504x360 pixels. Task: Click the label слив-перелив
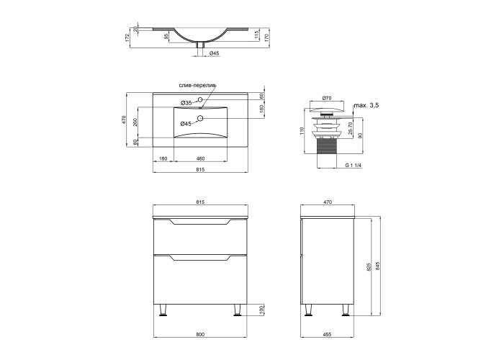[197, 86]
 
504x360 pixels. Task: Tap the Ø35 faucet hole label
[186, 103]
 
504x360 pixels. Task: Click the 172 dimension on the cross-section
[127, 37]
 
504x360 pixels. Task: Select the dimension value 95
[166, 36]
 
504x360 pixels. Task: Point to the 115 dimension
[256, 34]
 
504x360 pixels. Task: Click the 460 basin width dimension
[200, 158]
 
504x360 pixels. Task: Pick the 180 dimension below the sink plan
[163, 158]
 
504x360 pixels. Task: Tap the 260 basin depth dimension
[135, 122]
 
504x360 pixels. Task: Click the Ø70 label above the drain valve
[327, 98]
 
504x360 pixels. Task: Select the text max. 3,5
[366, 105]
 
